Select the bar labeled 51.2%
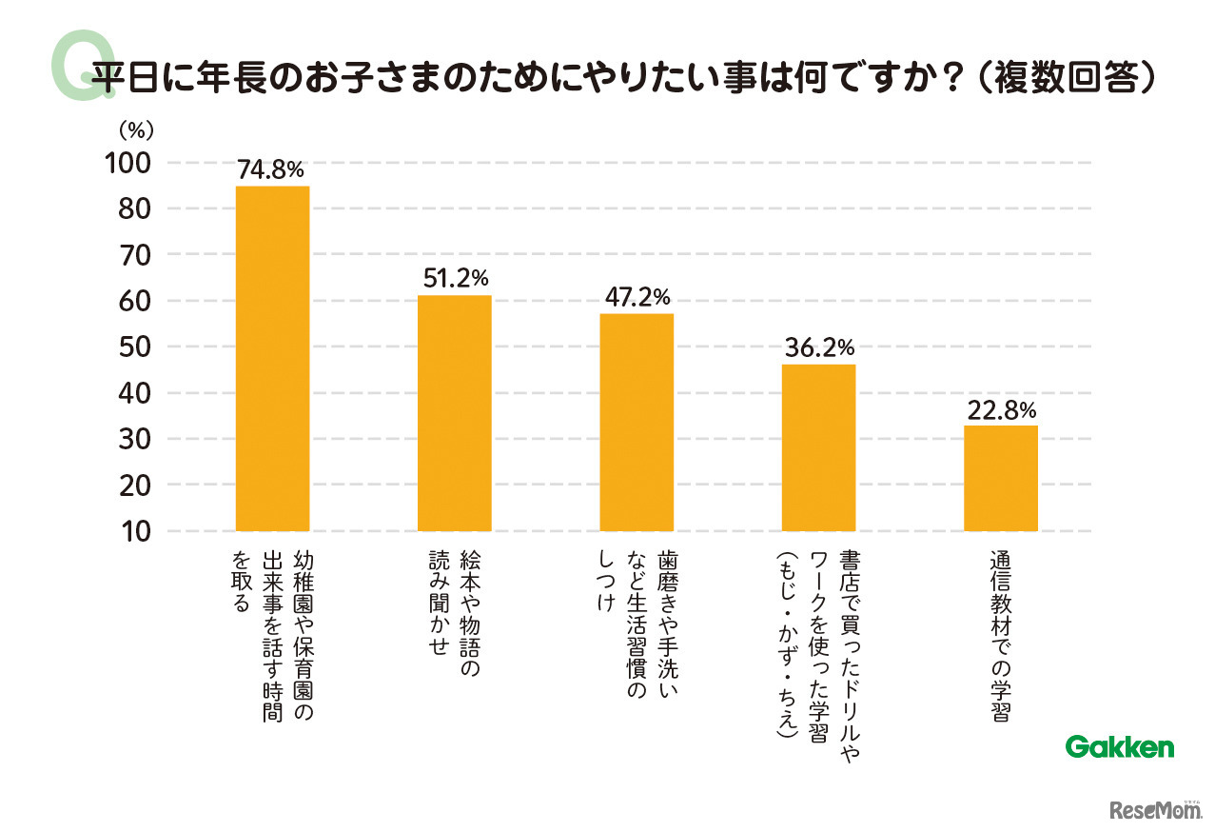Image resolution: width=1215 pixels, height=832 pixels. click(x=454, y=413)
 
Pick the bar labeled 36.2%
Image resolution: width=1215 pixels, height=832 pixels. click(x=818, y=447)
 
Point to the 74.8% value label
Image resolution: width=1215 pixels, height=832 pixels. click(x=271, y=170)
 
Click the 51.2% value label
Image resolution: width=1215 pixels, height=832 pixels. click(x=455, y=279)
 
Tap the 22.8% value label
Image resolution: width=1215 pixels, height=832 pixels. click(x=1001, y=410)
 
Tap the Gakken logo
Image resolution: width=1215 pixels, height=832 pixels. click(x=1119, y=747)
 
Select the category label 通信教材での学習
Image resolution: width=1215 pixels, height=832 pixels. click(x=1000, y=637)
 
